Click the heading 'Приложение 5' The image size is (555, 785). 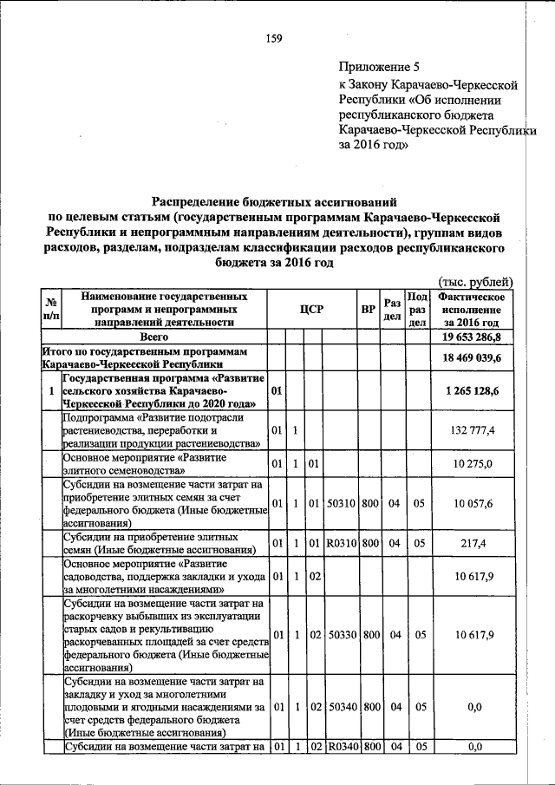coord(378,66)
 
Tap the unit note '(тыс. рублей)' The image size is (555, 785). coord(476,282)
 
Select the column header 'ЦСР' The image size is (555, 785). coord(311,310)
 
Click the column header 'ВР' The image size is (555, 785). coord(368,310)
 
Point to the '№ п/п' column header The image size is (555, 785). coord(50,310)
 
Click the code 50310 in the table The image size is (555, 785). coord(342,503)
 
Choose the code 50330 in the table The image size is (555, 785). coord(342,635)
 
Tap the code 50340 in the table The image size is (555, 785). coord(342,707)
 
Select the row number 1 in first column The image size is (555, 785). coord(51,391)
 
